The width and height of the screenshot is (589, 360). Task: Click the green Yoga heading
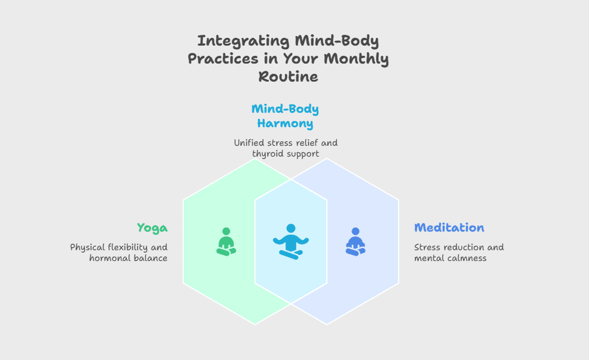[x=152, y=228]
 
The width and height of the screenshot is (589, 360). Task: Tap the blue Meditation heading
[x=449, y=228]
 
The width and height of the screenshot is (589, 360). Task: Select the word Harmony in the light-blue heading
[x=285, y=124]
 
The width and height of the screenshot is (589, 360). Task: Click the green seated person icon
[x=226, y=242]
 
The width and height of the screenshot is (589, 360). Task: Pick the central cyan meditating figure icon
[x=291, y=242]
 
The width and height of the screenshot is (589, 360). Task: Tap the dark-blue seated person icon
[x=355, y=242]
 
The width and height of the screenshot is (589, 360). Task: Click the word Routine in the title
[x=288, y=77]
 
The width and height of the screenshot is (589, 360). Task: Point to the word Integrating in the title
[x=243, y=41]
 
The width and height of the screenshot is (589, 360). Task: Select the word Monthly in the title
[x=356, y=59]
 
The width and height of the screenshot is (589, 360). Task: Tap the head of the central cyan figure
[x=291, y=229]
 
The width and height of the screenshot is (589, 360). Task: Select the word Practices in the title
[x=223, y=59]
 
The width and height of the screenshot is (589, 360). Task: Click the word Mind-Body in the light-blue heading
[x=285, y=109]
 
